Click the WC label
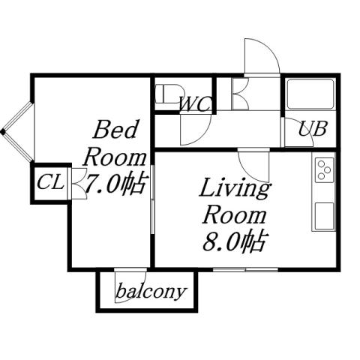point(194,104)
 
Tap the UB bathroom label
point(312,128)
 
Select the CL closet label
point(49,181)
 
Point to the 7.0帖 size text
point(115,183)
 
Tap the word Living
point(234,188)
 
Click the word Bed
point(115,131)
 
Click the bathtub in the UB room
point(310,95)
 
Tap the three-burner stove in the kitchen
point(325,171)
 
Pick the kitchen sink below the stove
point(324,216)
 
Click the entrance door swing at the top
point(259,55)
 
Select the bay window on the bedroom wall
point(16,132)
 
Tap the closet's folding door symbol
point(77,183)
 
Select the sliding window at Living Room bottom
point(245,268)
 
